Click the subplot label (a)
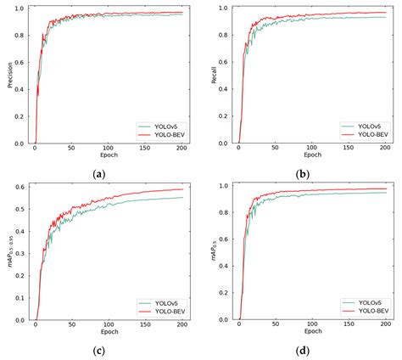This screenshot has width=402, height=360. [x=100, y=172]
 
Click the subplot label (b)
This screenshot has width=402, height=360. [x=302, y=172]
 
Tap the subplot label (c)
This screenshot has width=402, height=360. [x=100, y=351]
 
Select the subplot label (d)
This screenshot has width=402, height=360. [x=302, y=351]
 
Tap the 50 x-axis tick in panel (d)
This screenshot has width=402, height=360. [x=275, y=326]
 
